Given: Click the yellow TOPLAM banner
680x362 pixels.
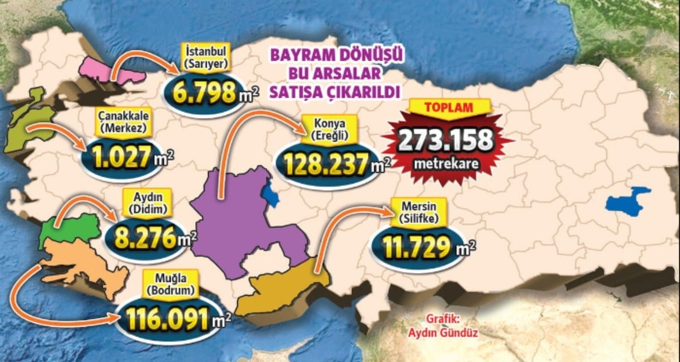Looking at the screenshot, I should coord(448,107).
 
